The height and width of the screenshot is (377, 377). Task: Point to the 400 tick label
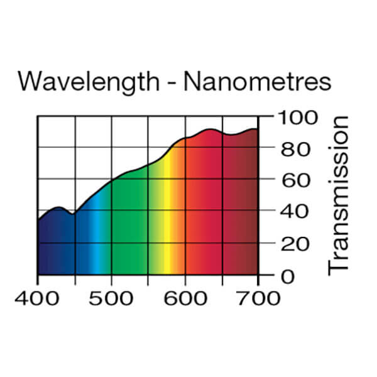[38, 297]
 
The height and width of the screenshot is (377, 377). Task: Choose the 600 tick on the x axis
[185, 297]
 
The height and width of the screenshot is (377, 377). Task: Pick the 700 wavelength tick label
[258, 297]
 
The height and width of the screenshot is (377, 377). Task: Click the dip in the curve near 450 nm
[72, 214]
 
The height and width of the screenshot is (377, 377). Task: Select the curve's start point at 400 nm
[38, 220]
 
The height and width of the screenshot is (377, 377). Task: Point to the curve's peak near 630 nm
[210, 129]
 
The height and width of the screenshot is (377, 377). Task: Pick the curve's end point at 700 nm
[258, 129]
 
